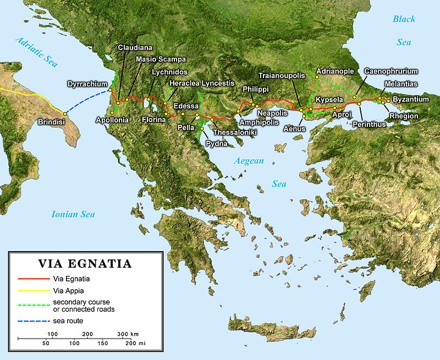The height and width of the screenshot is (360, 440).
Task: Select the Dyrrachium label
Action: click(x=87, y=84)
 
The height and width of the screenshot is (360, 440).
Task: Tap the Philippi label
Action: click(x=256, y=88)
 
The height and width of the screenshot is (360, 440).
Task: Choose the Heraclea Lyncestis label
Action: click(x=197, y=83)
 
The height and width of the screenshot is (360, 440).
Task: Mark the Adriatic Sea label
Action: click(x=36, y=51)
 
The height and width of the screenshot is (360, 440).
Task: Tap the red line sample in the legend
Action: click(x=33, y=279)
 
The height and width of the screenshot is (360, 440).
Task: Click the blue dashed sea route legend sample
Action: click(x=33, y=320)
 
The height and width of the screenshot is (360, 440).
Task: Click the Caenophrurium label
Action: click(x=391, y=71)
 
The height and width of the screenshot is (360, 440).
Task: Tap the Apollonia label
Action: click(x=112, y=120)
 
